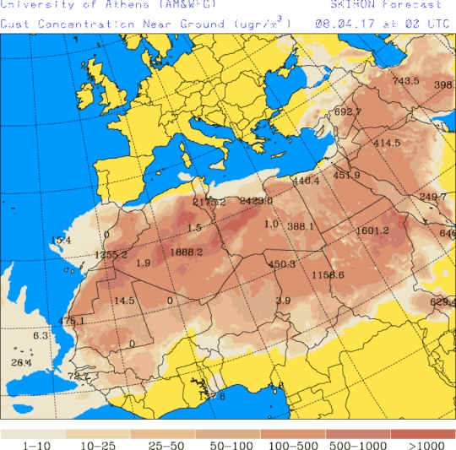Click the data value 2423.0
pyautogui.click(x=257, y=201)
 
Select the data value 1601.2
pyautogui.click(x=372, y=230)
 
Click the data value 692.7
pyautogui.click(x=348, y=111)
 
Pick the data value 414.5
pyautogui.click(x=387, y=143)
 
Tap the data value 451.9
pyautogui.click(x=347, y=176)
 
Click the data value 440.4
pyautogui.click(x=306, y=181)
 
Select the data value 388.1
pyautogui.click(x=301, y=226)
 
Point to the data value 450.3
pyautogui.click(x=282, y=264)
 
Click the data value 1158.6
pyautogui.click(x=328, y=275)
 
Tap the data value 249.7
pyautogui.click(x=433, y=197)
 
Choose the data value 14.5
pyautogui.click(x=124, y=301)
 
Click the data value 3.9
pyautogui.click(x=284, y=301)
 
